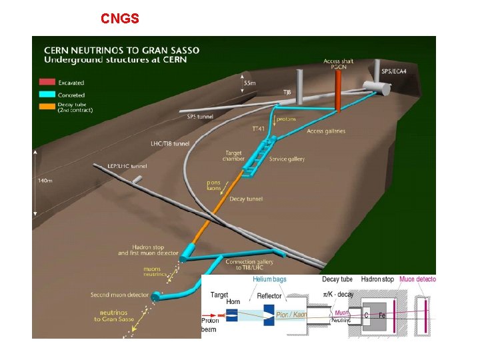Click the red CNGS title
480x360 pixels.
pyautogui.click(x=120, y=19)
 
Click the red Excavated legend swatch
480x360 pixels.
pyautogui.click(x=47, y=83)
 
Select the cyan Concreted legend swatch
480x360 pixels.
pyautogui.click(x=47, y=95)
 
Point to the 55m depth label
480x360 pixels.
pyautogui.click(x=249, y=83)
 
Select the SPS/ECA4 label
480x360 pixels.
pyautogui.click(x=395, y=71)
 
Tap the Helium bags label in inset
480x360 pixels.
pyautogui.click(x=271, y=279)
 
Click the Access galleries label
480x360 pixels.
pyautogui.click(x=326, y=131)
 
